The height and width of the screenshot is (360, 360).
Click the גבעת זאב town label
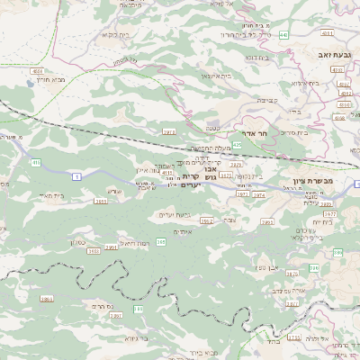click(334, 55)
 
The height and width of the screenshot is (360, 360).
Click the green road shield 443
click(284, 35)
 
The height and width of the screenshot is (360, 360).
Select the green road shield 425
click(237, 144)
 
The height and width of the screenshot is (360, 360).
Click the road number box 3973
click(168, 132)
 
